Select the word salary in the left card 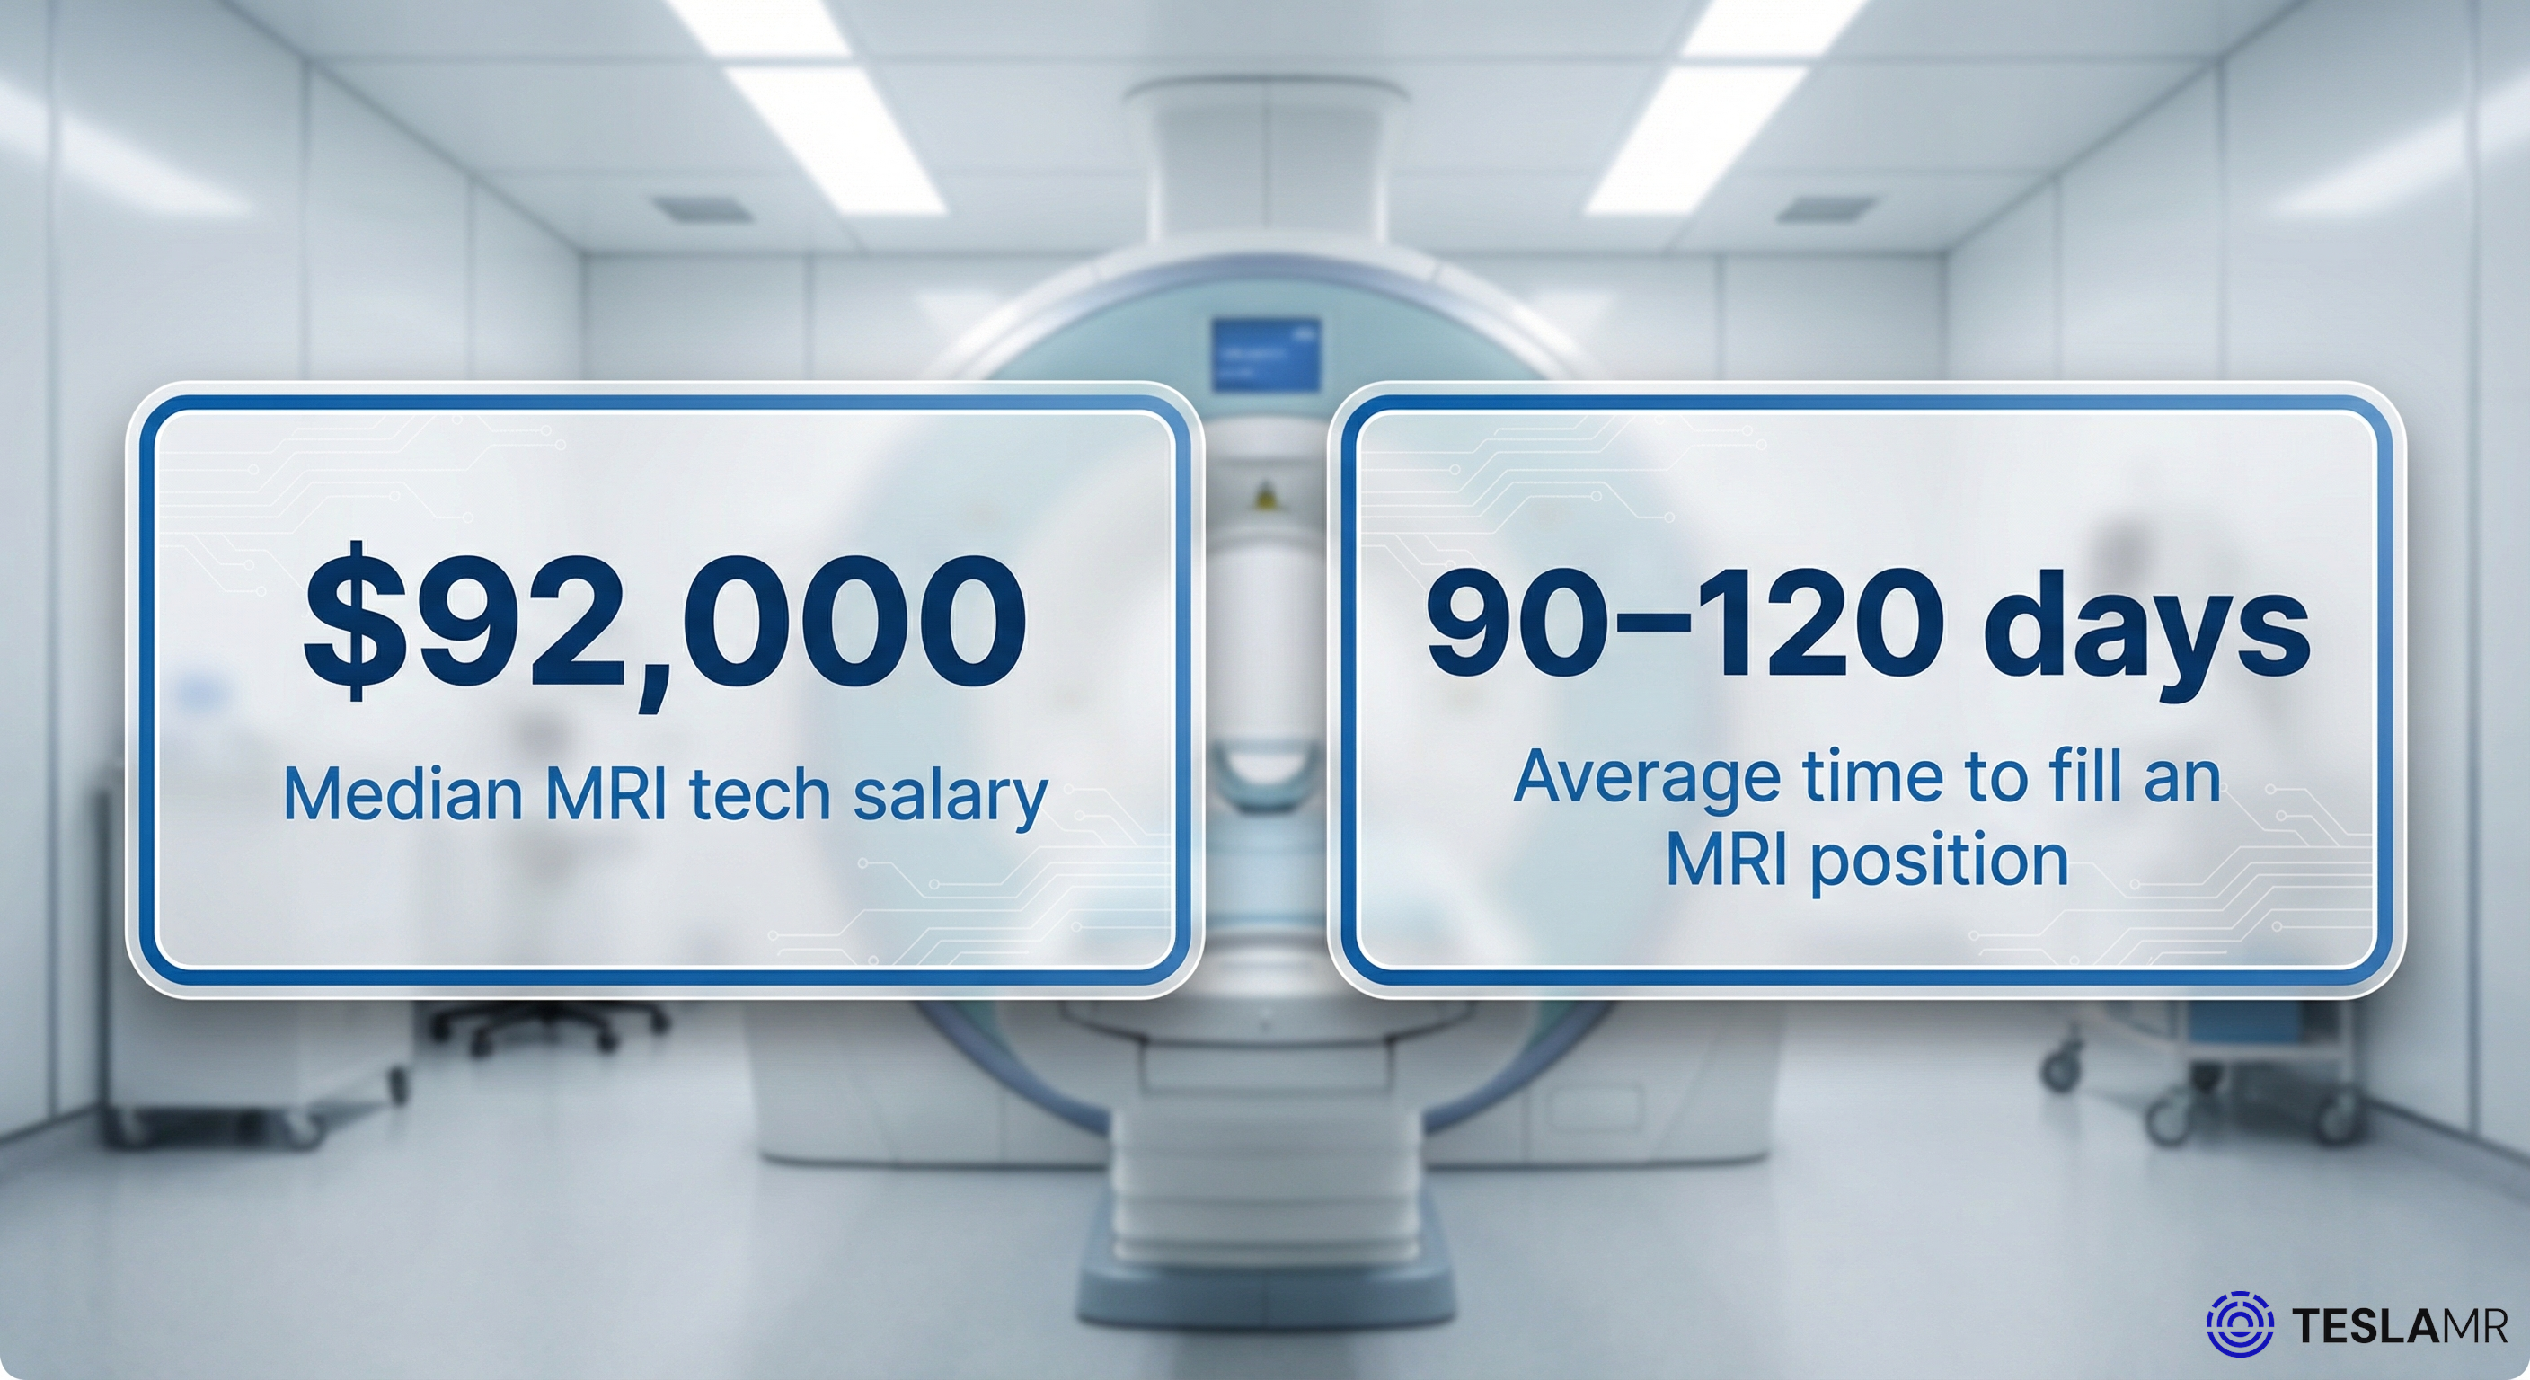point(950,796)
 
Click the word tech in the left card point(760,793)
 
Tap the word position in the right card point(1939,861)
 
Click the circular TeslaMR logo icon point(2239,1324)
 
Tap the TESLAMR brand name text point(2399,1326)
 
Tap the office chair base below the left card point(550,1022)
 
